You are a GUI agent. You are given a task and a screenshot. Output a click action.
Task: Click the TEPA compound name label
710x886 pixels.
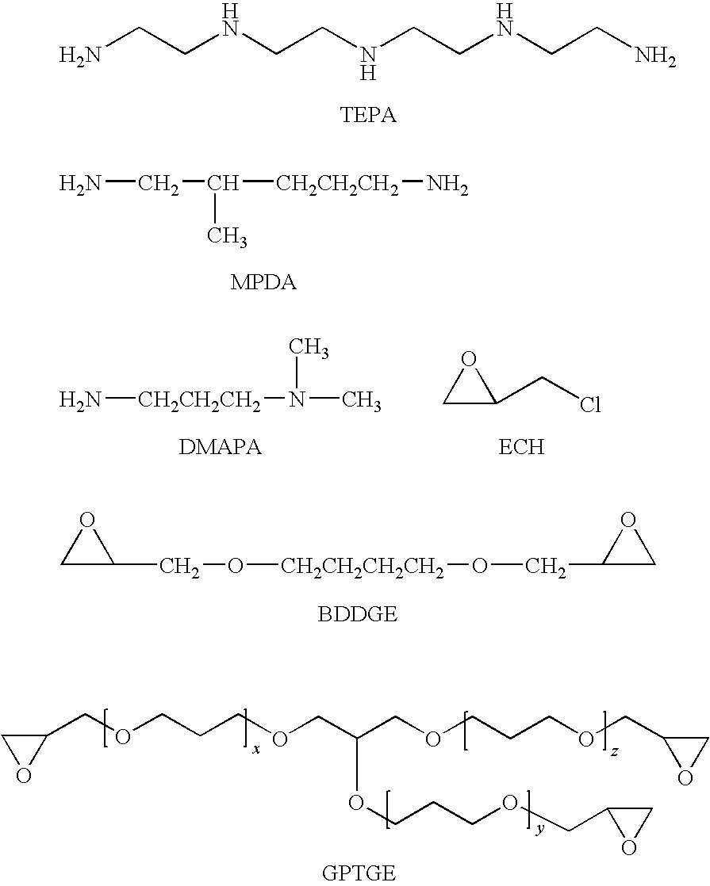pos(368,115)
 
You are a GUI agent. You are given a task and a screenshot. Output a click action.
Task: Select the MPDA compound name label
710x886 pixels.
pos(263,282)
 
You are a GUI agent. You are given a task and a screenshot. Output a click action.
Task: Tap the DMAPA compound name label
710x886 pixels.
pos(220,447)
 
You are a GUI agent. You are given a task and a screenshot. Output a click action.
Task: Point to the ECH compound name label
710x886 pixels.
pos(521,447)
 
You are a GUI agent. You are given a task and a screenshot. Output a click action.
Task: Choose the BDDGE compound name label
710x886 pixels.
pos(358,613)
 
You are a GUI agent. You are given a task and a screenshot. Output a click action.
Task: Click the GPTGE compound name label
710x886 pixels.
pos(359,873)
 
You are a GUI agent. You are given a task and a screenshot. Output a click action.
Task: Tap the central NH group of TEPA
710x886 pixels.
pos(368,63)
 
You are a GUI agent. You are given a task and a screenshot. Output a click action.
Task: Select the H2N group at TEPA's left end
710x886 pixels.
pos(80,56)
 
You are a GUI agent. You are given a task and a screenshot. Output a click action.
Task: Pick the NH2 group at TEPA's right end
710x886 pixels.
pos(656,56)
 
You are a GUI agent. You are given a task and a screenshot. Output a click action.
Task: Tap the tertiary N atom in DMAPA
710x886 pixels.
pos(297,401)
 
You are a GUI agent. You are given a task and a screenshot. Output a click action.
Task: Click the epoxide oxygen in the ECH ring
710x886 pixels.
pos(469,359)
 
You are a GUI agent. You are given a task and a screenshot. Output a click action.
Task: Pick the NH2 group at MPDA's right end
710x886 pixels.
pos(447,185)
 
